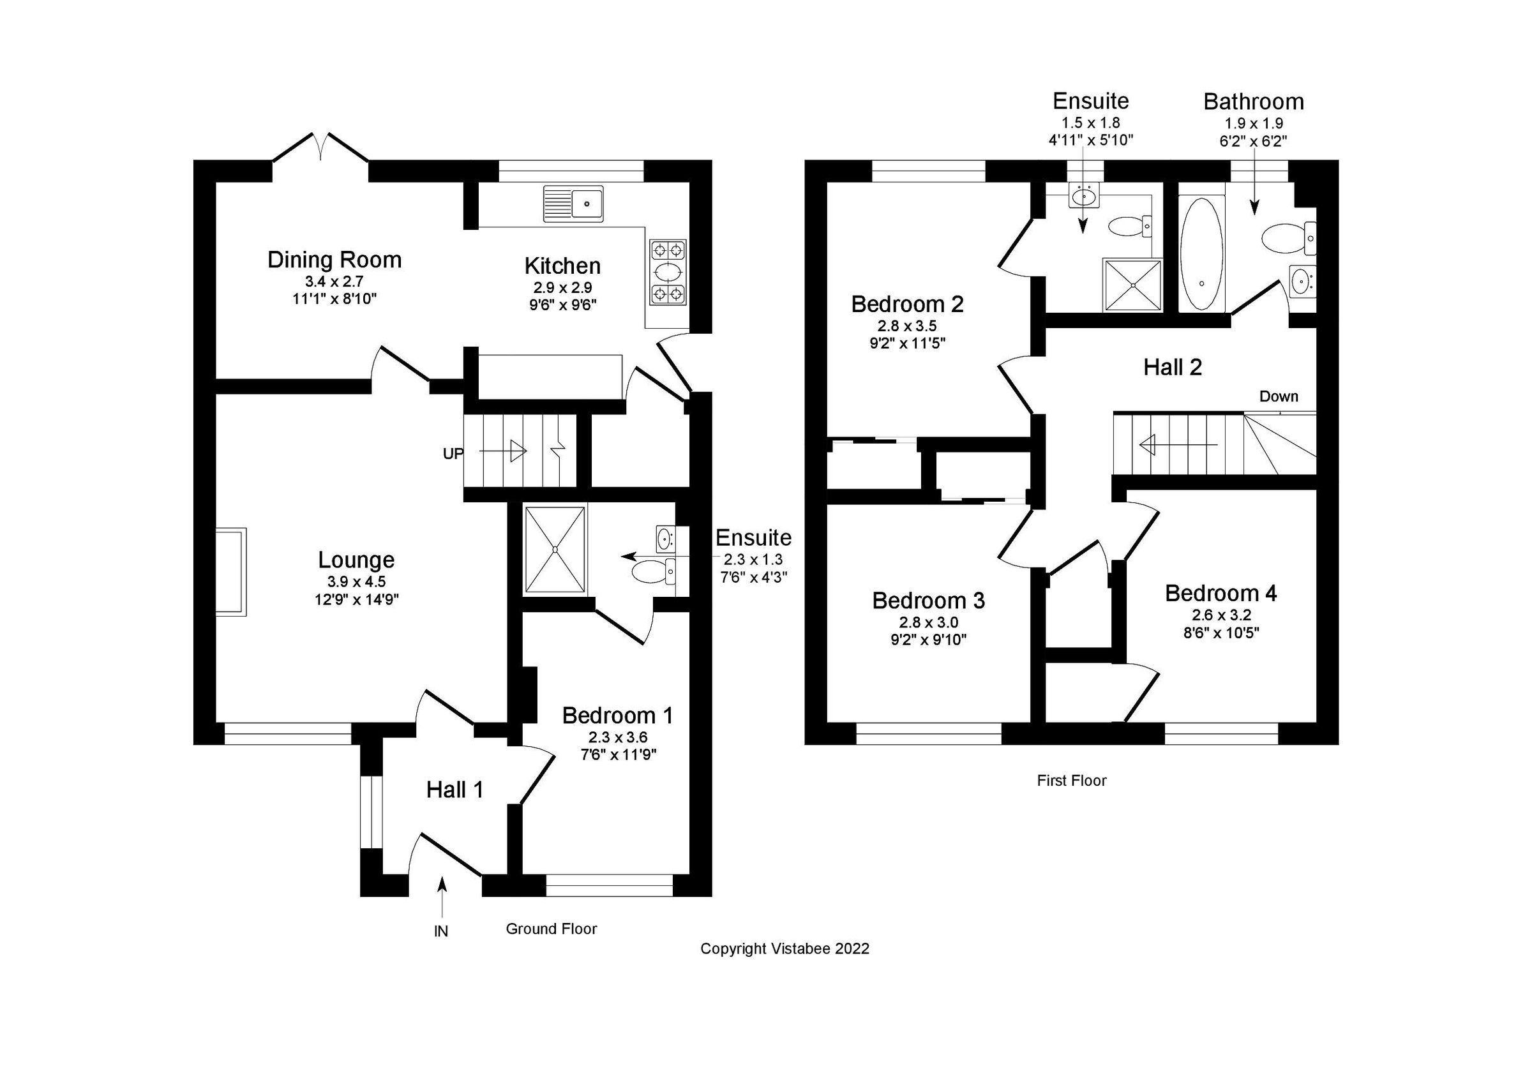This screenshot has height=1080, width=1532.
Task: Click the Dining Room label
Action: coord(334,260)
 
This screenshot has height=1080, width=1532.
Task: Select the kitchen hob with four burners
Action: coord(668,272)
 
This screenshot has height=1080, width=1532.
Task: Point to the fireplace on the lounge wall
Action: coord(231,571)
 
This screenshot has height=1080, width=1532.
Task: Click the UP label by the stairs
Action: coord(453,454)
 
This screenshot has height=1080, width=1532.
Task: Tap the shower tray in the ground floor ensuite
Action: coord(555,548)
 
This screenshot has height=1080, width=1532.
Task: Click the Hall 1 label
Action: coord(454,790)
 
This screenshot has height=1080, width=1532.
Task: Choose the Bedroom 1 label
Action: coord(617,715)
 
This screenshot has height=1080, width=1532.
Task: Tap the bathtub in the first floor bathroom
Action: coord(1201,253)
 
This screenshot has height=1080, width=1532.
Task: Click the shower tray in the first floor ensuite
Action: coord(1134,285)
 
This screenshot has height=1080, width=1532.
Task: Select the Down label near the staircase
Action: coord(1279,396)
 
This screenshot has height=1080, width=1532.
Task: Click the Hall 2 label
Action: coord(1173,367)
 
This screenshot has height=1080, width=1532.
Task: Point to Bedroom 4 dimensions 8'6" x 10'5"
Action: coord(1221,632)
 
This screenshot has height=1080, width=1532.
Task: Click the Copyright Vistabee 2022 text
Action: coord(785,949)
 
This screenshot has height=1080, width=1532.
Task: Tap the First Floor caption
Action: coord(1072,781)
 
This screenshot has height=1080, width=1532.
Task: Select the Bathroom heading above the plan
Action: coord(1253,101)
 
